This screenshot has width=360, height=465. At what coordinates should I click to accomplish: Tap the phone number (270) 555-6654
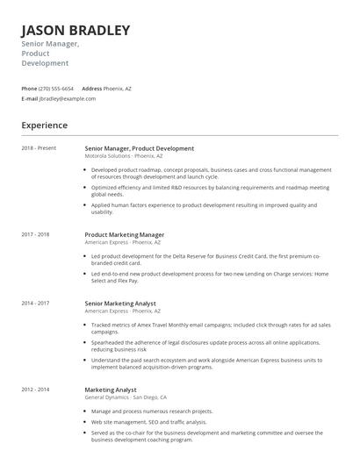click(56, 89)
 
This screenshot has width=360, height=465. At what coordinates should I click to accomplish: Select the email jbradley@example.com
click(67, 99)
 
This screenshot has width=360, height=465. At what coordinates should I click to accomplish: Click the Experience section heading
click(44, 125)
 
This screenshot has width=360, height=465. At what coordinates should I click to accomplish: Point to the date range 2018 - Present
click(39, 148)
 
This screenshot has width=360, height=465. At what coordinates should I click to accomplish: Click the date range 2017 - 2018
click(35, 234)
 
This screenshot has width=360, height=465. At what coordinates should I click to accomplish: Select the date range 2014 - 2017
click(35, 303)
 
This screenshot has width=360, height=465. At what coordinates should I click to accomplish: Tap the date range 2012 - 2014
click(35, 389)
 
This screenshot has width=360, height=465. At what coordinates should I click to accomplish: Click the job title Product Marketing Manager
click(124, 235)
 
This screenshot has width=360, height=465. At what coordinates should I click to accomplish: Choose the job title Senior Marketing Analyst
click(122, 304)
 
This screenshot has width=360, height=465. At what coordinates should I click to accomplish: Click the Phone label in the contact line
click(29, 89)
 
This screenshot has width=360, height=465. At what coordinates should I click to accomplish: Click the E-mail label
click(29, 99)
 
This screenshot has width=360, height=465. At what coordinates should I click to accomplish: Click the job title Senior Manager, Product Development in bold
click(139, 148)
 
